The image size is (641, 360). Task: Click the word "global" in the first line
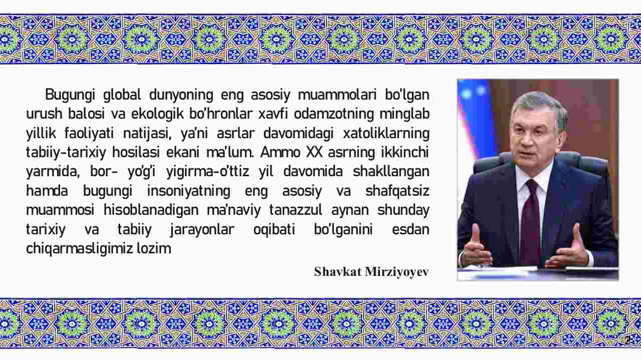coord(122,95)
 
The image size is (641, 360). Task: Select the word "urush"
coord(44,114)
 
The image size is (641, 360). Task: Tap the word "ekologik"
coord(157,114)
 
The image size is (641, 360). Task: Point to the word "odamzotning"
coord(334,114)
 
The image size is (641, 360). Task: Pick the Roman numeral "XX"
coord(314,152)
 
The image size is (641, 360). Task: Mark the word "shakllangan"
coord(391,172)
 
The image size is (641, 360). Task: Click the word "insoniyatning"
coord(189,191)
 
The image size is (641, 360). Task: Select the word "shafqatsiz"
coord(397,191)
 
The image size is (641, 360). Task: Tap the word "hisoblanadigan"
coord(151,210)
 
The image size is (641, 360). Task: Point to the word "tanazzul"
coord(295,210)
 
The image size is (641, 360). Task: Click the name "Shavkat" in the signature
coord(338,272)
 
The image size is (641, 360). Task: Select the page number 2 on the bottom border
coord(627,340)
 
